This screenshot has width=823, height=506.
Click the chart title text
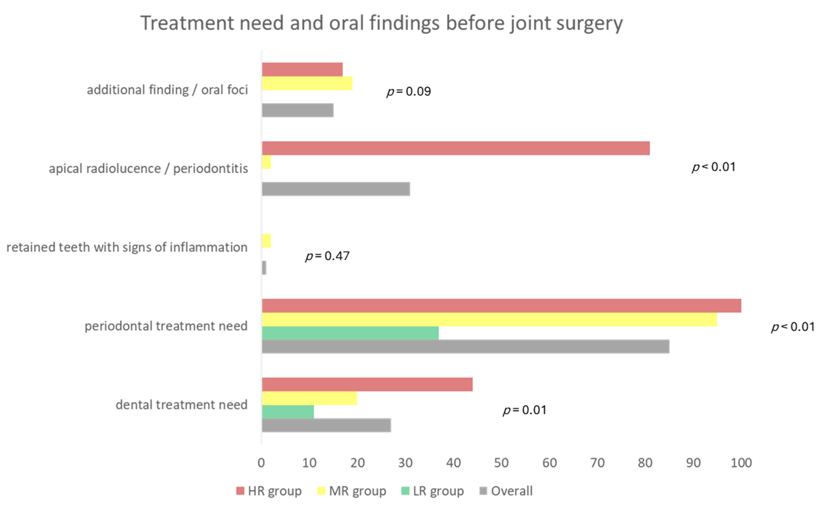[381, 23]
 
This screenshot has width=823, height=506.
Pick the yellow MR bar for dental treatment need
[310, 398]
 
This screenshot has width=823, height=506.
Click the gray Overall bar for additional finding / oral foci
[298, 110]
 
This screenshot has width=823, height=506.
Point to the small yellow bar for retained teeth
[267, 241]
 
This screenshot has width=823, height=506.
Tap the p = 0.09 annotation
[408, 91]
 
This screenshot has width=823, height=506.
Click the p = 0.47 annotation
[327, 256]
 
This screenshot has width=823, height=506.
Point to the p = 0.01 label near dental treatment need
[524, 410]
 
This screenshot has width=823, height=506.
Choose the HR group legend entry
[269, 491]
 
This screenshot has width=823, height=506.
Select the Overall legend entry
[506, 491]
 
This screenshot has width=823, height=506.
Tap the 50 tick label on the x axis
[501, 463]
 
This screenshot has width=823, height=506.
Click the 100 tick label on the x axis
[741, 463]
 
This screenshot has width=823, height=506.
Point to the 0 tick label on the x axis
[261, 463]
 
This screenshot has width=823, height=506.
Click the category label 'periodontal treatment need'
[166, 326]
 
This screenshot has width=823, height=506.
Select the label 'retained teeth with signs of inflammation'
[127, 247]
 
